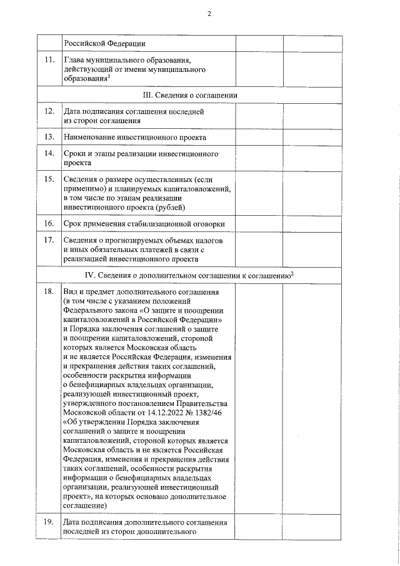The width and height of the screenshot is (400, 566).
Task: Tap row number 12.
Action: coord(49,111)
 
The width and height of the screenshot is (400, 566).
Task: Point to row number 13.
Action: coord(49,136)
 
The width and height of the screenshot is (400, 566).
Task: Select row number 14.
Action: coord(49,153)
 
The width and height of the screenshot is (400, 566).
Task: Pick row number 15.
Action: coord(49,179)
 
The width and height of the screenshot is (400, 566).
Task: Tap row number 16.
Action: coord(49,223)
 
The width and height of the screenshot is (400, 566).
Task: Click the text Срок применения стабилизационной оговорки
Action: coord(144,223)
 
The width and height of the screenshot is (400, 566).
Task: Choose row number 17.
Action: coord(49,240)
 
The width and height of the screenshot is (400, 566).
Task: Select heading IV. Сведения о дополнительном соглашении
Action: coord(187,275)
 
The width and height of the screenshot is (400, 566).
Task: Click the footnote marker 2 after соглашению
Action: coord(292,273)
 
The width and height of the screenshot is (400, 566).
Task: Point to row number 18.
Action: coord(49,292)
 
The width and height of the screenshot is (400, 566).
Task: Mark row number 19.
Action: coord(49,522)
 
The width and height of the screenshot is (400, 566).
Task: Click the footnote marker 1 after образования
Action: coord(109,76)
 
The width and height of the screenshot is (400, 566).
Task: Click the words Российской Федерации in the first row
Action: coord(104,43)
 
